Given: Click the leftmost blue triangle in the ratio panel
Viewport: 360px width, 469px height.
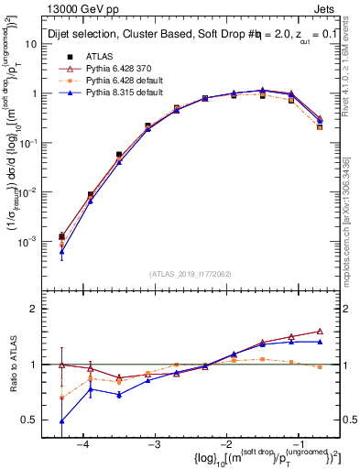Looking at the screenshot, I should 61,420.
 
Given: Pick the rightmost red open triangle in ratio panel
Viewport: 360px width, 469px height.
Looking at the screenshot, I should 320,331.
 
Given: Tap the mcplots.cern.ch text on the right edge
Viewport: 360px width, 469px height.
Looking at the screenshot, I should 352,229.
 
